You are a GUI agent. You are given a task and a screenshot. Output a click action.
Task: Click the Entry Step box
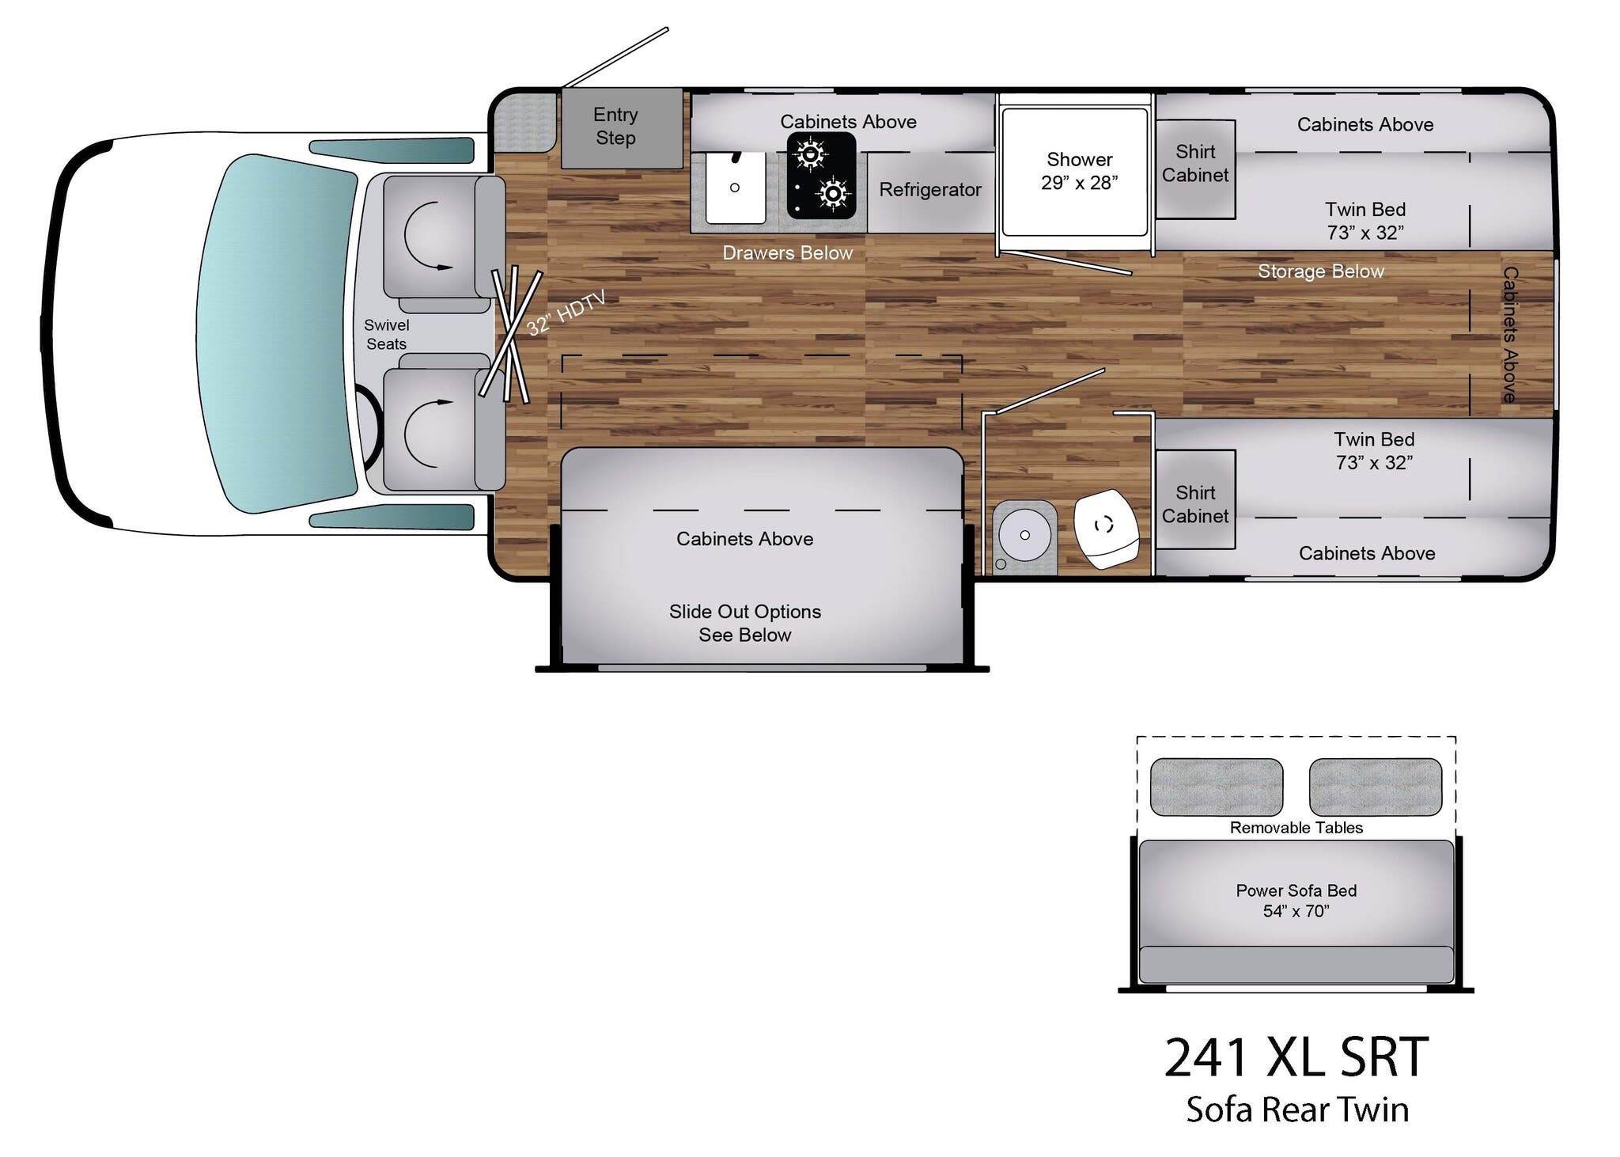pyautogui.click(x=621, y=127)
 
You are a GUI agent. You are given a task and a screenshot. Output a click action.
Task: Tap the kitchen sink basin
pyautogui.click(x=735, y=188)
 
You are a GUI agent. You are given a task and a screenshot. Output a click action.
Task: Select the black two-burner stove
pyautogui.click(x=821, y=175)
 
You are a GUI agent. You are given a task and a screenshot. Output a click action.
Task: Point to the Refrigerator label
pyautogui.click(x=929, y=190)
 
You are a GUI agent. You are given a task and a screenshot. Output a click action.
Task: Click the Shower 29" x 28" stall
pyautogui.click(x=1076, y=172)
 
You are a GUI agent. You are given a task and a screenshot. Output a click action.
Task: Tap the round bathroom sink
pyautogui.click(x=1024, y=536)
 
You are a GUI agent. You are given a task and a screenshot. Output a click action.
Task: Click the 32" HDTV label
pyautogui.click(x=566, y=313)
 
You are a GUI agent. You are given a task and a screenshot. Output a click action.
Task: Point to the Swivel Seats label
pyautogui.click(x=386, y=334)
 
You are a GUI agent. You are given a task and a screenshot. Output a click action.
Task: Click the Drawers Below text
pyautogui.click(x=787, y=253)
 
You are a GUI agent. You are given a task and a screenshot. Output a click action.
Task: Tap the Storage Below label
pyautogui.click(x=1320, y=271)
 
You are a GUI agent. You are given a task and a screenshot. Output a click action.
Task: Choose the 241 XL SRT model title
pyautogui.click(x=1296, y=1057)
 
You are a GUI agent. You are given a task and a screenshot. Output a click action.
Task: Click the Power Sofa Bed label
pyautogui.click(x=1296, y=901)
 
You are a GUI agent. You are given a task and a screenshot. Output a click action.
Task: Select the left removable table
pyautogui.click(x=1216, y=787)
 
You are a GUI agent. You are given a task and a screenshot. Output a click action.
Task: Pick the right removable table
pyautogui.click(x=1375, y=787)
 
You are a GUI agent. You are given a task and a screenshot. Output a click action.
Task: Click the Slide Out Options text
pyautogui.click(x=744, y=623)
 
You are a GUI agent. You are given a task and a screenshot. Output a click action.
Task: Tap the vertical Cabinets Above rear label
pyautogui.click(x=1509, y=334)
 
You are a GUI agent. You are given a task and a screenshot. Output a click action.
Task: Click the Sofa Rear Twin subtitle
pyautogui.click(x=1296, y=1110)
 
